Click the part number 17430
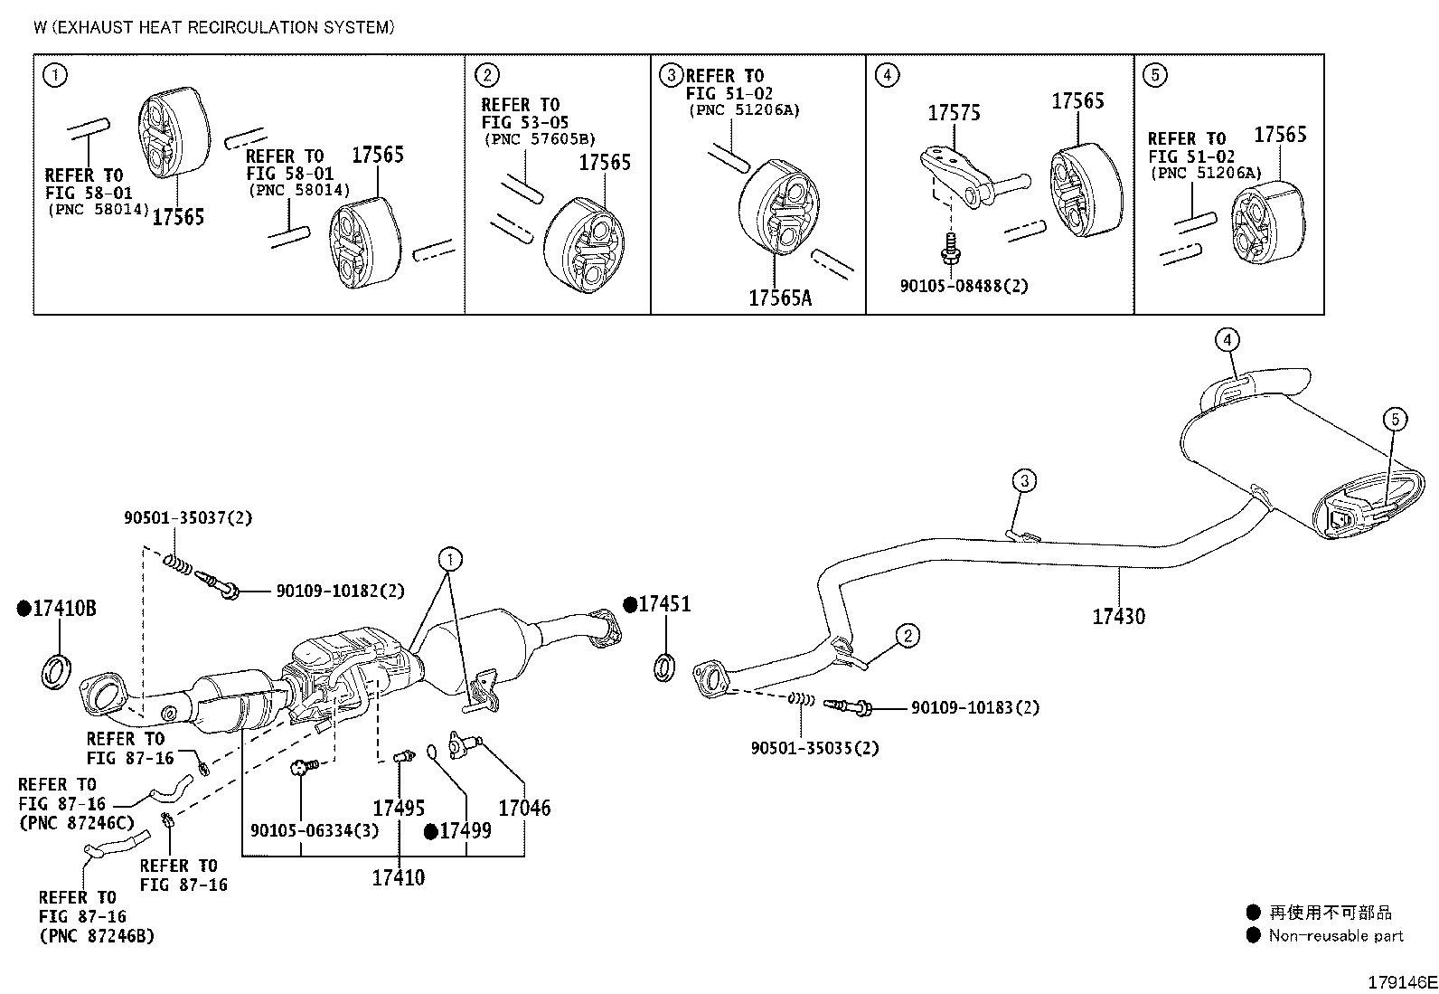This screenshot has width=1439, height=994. click(1118, 617)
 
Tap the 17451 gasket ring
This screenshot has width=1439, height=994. click(664, 667)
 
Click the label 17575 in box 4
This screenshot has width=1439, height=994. click(954, 113)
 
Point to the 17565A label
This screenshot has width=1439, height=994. click(780, 298)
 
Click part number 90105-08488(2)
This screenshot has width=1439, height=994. click(964, 286)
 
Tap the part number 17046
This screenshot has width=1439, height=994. click(524, 809)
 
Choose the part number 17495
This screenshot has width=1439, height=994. click(399, 809)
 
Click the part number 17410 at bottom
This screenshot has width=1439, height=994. click(399, 877)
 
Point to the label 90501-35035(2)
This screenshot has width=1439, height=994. click(814, 748)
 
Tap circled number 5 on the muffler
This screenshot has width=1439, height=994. click(1395, 420)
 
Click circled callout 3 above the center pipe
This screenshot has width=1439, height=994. click(1024, 480)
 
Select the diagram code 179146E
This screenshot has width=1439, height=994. click(1402, 982)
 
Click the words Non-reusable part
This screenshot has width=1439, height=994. click(1336, 935)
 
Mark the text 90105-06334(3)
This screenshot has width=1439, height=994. click(315, 830)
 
